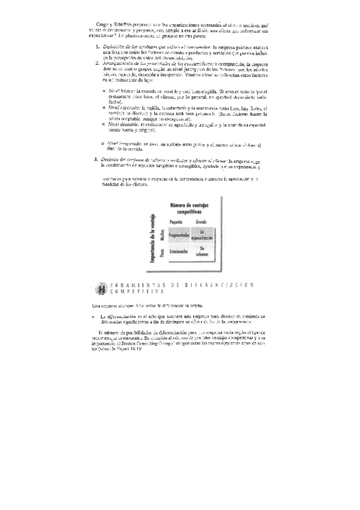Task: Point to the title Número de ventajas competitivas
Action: click(191, 209)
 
